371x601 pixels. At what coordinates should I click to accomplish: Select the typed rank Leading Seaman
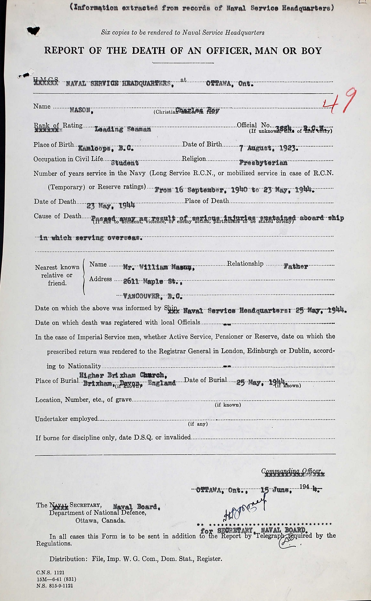click(x=123, y=129)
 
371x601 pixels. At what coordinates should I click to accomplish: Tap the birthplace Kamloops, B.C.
click(x=106, y=148)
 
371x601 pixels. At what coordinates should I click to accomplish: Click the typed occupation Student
click(x=125, y=163)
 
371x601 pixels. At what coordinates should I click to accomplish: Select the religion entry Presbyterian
click(x=263, y=163)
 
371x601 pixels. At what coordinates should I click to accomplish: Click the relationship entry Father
click(x=296, y=266)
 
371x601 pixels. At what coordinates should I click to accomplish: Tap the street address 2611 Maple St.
click(x=152, y=281)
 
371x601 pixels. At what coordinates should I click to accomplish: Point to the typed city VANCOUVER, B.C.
click(x=153, y=297)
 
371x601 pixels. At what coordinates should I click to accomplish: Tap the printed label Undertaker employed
click(x=66, y=419)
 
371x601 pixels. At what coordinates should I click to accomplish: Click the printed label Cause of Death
click(x=58, y=216)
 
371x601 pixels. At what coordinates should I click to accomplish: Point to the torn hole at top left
click(x=34, y=30)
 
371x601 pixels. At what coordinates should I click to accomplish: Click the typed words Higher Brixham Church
click(x=123, y=375)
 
